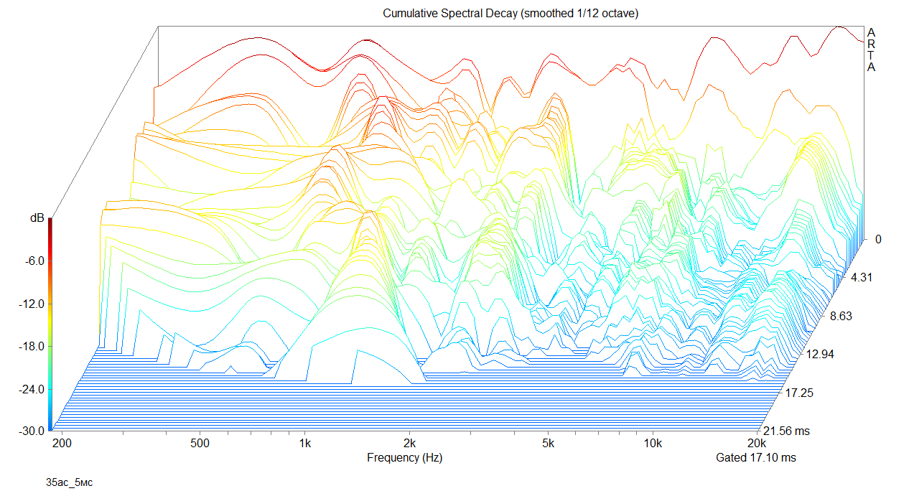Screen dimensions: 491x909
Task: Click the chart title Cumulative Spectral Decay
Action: coord(511,14)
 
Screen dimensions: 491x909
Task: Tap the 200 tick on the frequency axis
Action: coord(62,443)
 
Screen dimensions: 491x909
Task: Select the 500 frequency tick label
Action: coord(200,443)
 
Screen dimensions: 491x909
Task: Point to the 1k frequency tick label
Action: coord(305,443)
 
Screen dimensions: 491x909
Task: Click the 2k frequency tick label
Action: coord(410,443)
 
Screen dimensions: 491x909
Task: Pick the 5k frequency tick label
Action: coord(549,443)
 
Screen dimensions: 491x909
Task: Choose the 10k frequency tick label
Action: coord(653,443)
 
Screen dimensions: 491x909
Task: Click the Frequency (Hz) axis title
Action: coord(404,457)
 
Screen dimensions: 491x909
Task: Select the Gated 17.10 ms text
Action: coord(755,457)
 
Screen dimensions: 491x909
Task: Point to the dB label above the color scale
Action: coord(37,218)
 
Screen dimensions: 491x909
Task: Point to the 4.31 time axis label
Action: coord(862,278)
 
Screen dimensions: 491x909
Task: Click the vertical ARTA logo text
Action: coord(871,50)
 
